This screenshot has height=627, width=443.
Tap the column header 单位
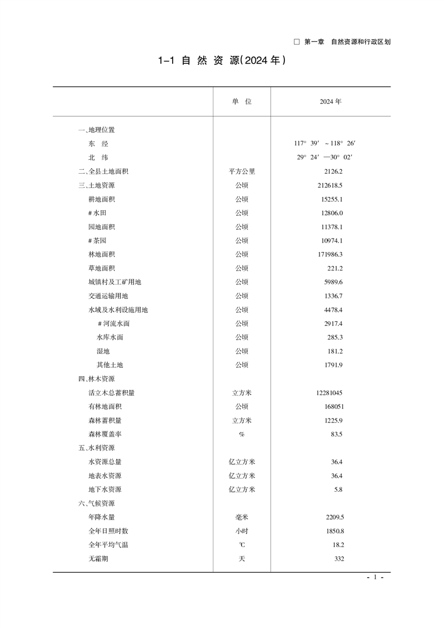[242, 102]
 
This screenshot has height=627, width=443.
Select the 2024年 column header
[330, 102]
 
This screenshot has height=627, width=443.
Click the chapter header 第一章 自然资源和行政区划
[342, 42]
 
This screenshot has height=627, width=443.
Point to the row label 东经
[98, 144]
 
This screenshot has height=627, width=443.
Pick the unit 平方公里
[242, 172]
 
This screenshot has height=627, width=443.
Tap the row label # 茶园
[98, 240]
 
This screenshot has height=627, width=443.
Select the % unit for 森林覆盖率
[242, 434]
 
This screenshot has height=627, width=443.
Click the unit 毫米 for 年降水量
[242, 517]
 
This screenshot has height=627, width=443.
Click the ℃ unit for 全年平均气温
[242, 545]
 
